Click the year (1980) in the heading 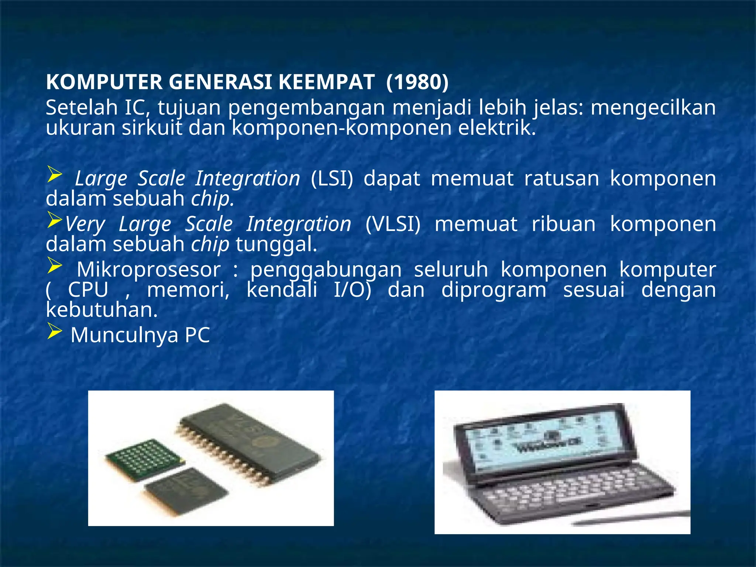pos(417,82)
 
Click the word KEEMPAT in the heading pos(326,82)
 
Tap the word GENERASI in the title pos(221,82)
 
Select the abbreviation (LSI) pos(332,179)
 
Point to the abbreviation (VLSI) pos(393,224)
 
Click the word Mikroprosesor pos(148,269)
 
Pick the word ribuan pos(563,224)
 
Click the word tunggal pos(276,244)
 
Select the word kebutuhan pos(102,310)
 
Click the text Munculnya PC pos(140,335)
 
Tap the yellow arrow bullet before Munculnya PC pos(54,332)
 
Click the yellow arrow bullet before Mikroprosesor pos(54,266)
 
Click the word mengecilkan pos(653,108)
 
